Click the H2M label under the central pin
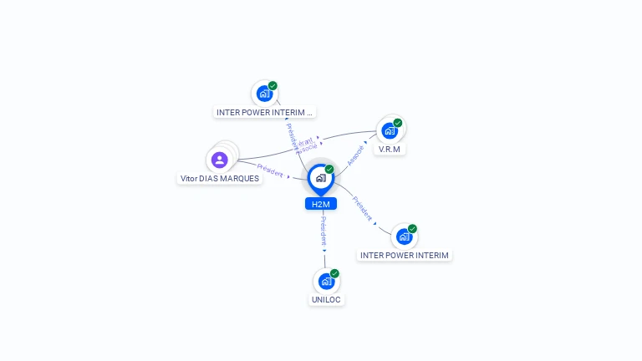coord(320,204)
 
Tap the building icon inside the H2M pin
coord(320,178)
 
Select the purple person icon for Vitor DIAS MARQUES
coord(220,160)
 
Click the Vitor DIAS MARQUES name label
coord(220,178)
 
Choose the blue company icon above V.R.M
coord(389,131)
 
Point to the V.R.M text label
coord(390,150)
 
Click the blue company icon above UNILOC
coord(326,282)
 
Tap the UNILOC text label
coord(326,299)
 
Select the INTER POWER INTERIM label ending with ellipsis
coord(264,112)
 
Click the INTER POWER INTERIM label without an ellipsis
coord(405,255)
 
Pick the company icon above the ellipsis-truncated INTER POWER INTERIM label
coord(264,94)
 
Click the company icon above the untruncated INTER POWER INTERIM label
coord(404,236)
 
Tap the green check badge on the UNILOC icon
coord(334,273)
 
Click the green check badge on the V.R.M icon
coord(398,123)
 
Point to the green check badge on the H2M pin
coord(329,170)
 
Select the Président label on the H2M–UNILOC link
coord(324,231)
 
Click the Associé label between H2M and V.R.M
coord(355,155)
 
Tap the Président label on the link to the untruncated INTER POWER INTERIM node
coord(362,209)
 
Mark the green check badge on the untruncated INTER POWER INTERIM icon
coord(412,228)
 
